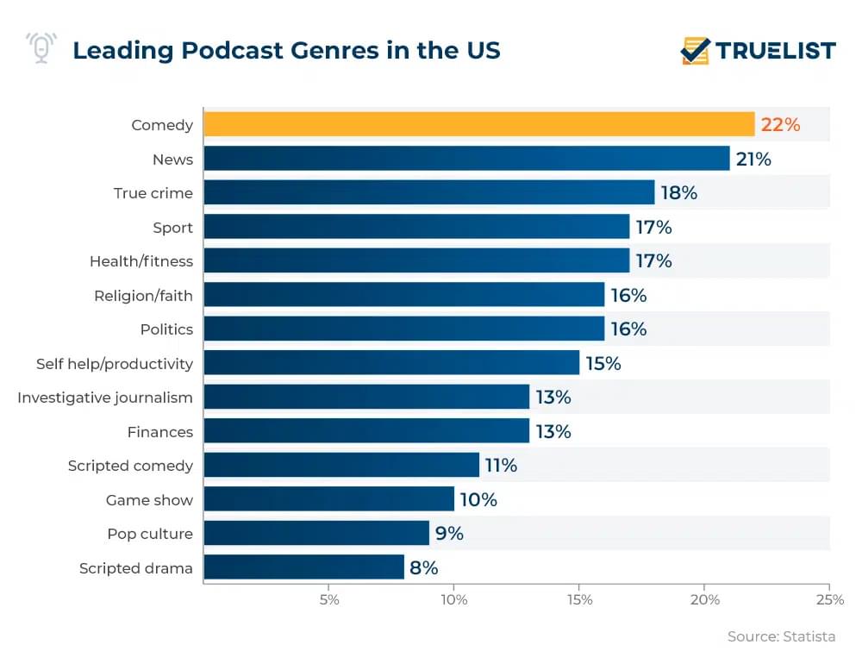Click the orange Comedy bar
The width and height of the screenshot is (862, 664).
[478, 125]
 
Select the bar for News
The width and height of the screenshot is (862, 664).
[466, 159]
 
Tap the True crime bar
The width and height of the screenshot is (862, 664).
[429, 193]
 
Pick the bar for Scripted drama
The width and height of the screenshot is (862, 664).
[303, 567]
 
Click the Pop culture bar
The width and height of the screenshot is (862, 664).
[316, 534]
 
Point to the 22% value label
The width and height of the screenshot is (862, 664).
[780, 125]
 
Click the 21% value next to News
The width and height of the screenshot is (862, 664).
[753, 159]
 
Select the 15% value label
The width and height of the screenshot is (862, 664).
[603, 363]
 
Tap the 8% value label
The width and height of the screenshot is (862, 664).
[424, 567]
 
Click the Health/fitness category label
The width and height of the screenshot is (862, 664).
[141, 261]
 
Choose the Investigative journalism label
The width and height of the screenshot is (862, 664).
[105, 398]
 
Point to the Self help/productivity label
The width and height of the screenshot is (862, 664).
[115, 363]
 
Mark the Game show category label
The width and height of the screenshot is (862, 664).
[149, 500]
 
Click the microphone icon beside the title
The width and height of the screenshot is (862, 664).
[41, 48]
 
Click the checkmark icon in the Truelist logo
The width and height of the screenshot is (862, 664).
[695, 50]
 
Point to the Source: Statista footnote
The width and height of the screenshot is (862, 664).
[781, 636]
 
